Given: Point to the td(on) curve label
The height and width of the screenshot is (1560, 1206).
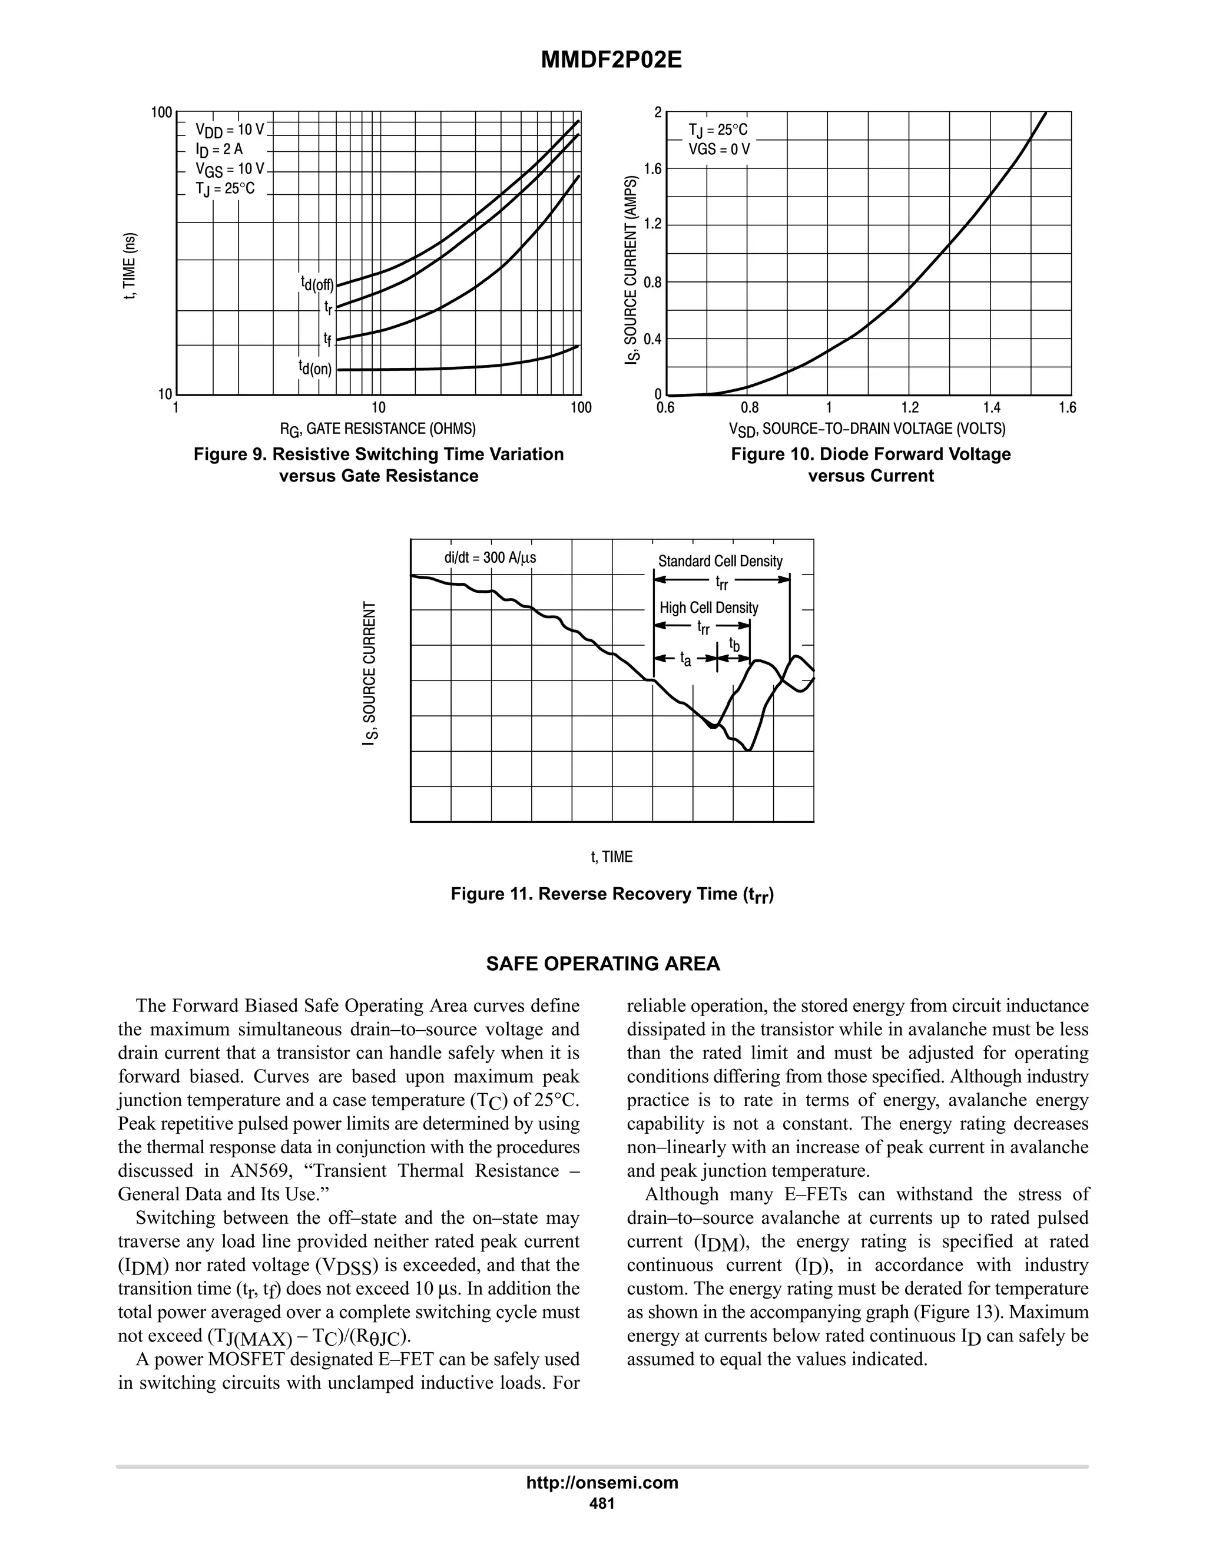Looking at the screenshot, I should pyautogui.click(x=315, y=368).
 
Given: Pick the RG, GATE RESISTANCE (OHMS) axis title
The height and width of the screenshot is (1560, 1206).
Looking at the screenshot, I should pyautogui.click(x=377, y=429).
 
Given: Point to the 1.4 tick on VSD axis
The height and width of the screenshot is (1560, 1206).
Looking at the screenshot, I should pyautogui.click(x=991, y=408).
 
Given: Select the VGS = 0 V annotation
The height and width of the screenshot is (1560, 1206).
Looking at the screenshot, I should pyautogui.click(x=719, y=150).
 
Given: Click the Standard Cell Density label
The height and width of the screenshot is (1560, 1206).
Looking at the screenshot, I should pyautogui.click(x=720, y=562).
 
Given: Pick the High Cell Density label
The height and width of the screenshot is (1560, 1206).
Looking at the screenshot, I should pyautogui.click(x=709, y=608).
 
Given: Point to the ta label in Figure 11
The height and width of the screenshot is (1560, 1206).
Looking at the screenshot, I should pyautogui.click(x=685, y=659).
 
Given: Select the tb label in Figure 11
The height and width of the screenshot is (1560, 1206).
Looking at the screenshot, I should pyautogui.click(x=734, y=645).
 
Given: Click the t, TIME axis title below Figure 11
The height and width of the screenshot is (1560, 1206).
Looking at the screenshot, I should pyautogui.click(x=612, y=857).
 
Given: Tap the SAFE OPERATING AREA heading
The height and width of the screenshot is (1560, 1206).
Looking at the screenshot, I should pyautogui.click(x=603, y=964).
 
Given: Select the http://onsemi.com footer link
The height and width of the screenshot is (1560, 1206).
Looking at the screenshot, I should pyautogui.click(x=602, y=1483).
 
